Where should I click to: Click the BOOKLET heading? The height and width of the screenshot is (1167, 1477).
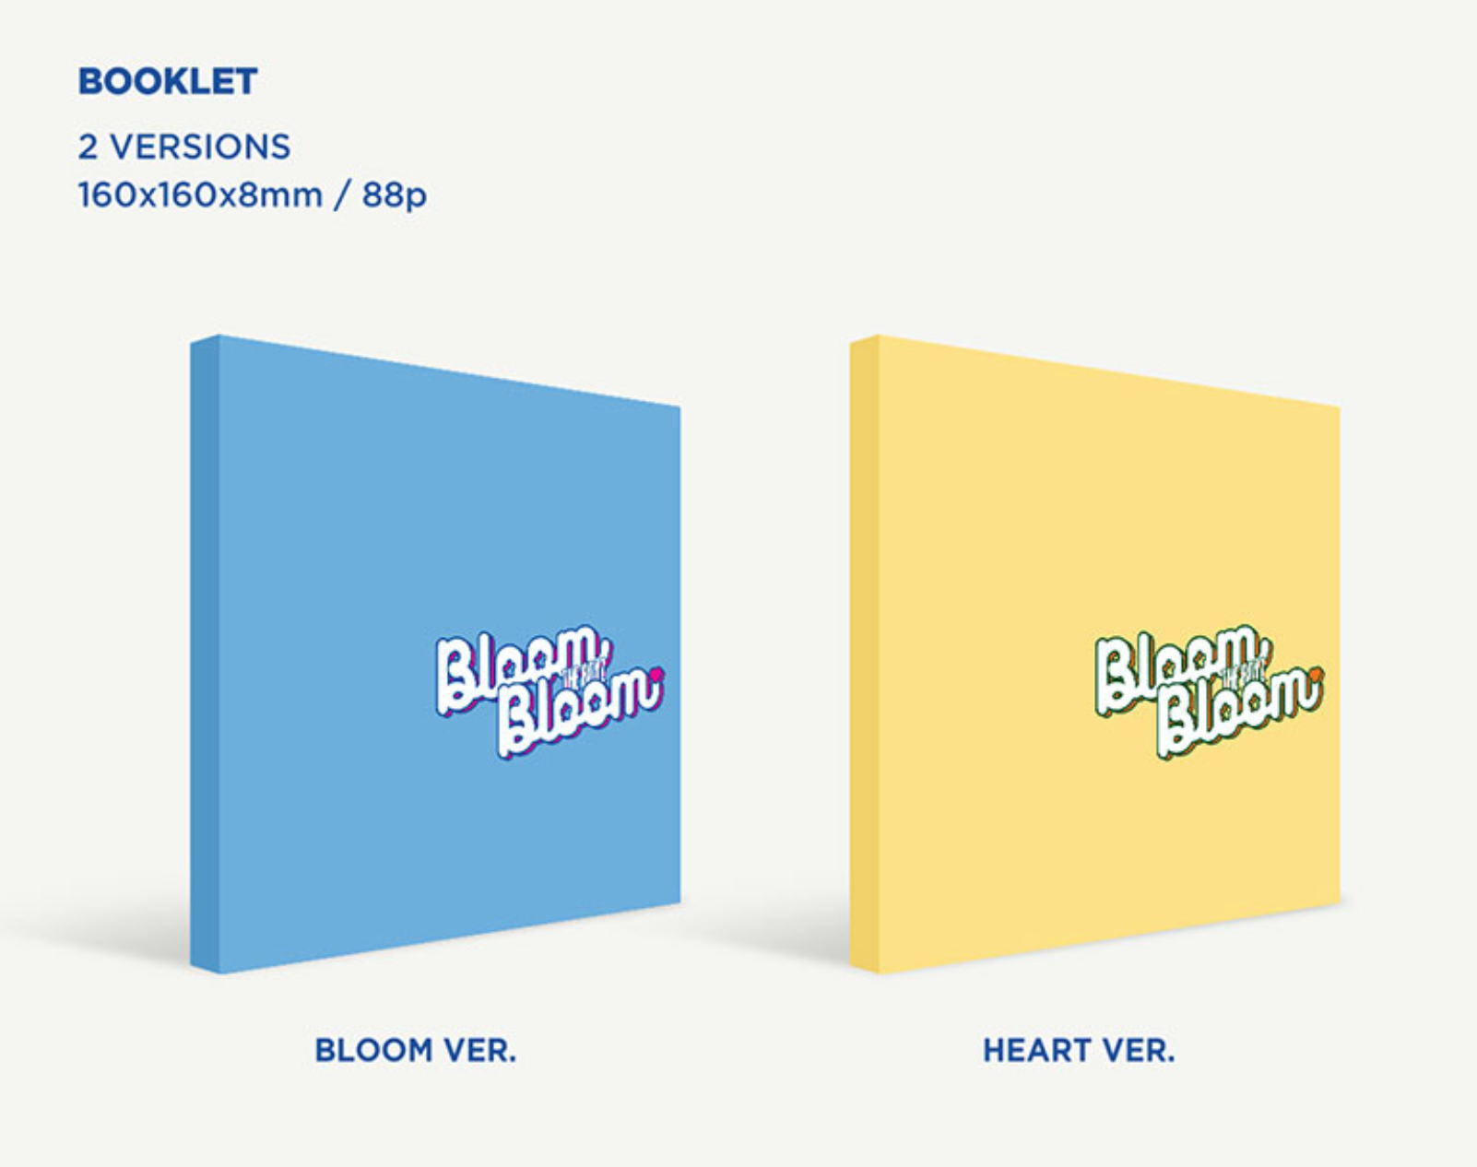coord(168,81)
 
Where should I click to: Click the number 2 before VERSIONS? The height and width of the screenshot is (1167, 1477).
coord(88,147)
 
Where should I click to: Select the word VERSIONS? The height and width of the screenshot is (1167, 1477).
coord(200,147)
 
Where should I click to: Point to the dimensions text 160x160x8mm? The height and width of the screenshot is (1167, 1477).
coord(200,194)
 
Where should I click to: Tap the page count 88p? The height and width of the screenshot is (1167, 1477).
coord(395,196)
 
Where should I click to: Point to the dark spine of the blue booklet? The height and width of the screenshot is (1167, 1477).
coord(205,654)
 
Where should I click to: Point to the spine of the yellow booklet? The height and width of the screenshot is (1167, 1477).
coord(864,654)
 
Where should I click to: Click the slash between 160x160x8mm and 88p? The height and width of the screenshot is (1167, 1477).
coord(342,195)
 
